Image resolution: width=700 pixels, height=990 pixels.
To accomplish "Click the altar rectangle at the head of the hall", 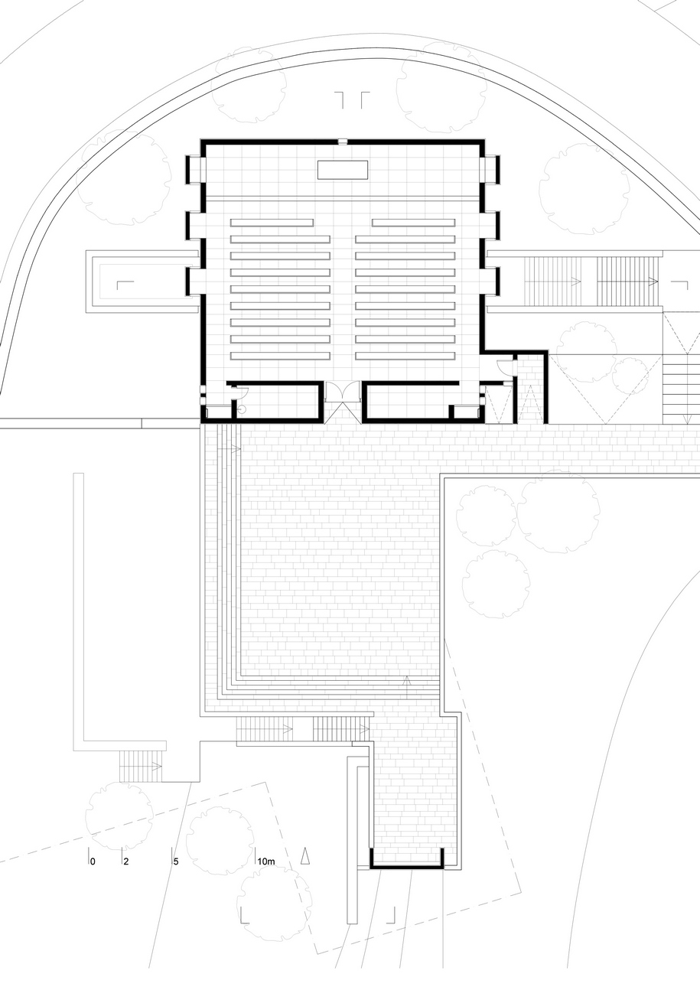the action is click(343, 170).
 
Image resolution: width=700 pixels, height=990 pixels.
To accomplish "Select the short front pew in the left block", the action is click(272, 223).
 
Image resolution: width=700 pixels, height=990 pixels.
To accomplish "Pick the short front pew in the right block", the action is click(414, 223).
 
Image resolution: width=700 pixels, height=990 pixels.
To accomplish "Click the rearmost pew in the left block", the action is click(280, 355).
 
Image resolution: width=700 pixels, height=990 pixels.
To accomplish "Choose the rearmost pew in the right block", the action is click(405, 355).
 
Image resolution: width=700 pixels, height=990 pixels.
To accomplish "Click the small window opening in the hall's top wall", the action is click(343, 142).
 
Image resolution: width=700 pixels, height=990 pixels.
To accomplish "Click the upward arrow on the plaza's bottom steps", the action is click(407, 687).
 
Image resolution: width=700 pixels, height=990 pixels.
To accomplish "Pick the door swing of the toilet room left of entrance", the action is click(241, 391).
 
